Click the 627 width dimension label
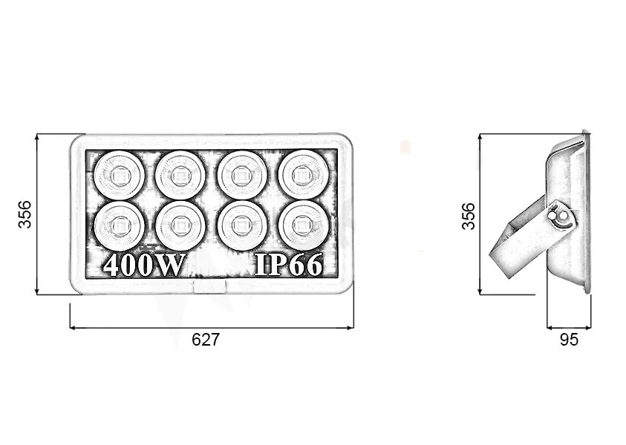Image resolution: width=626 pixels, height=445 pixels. [206, 340]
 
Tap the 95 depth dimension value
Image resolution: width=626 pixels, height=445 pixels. [569, 340]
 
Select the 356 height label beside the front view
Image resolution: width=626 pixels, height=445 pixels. [25, 214]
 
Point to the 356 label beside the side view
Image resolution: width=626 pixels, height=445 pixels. [469, 216]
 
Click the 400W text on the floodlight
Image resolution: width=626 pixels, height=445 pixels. [144, 264]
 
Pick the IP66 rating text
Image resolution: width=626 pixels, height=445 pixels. [288, 264]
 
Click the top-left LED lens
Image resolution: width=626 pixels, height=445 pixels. [120, 175]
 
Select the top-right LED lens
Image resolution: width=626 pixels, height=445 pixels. [304, 174]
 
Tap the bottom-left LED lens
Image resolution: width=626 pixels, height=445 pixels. [120, 225]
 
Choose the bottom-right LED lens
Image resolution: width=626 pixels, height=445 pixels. [304, 225]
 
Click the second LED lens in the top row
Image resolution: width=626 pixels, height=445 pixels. [180, 175]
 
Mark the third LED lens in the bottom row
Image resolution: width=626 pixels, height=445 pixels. [242, 225]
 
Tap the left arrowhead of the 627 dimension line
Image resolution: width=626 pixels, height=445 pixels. [73, 328]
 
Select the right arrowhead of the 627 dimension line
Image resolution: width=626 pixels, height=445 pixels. [351, 328]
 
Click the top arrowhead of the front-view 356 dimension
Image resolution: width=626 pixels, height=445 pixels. [36, 136]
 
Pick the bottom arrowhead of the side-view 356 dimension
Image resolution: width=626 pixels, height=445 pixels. [480, 292]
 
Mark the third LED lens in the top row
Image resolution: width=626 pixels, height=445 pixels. [242, 175]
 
